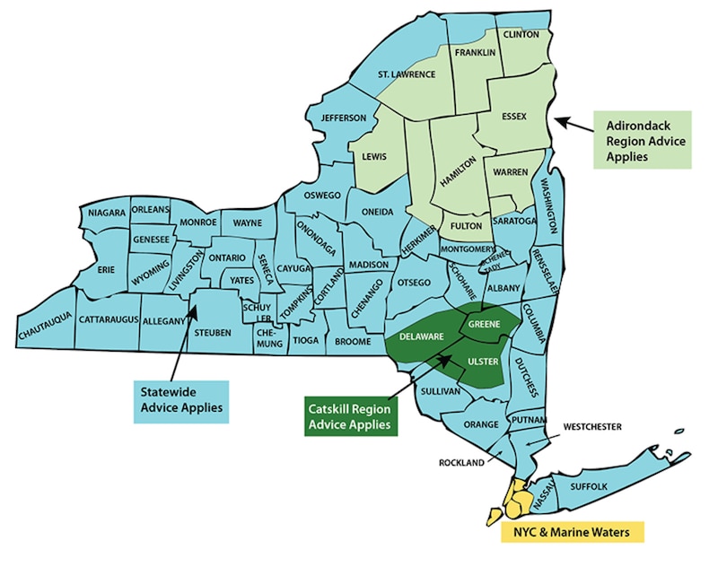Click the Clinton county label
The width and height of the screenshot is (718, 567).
point(521,34)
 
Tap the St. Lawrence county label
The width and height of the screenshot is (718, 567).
point(407,74)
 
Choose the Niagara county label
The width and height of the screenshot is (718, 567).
point(106,213)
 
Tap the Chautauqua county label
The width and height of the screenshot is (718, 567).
point(44,336)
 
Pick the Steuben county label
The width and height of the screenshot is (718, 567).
point(213,333)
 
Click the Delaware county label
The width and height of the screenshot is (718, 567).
point(422,336)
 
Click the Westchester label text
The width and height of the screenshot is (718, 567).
point(592,426)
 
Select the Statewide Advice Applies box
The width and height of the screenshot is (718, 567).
point(180,400)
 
